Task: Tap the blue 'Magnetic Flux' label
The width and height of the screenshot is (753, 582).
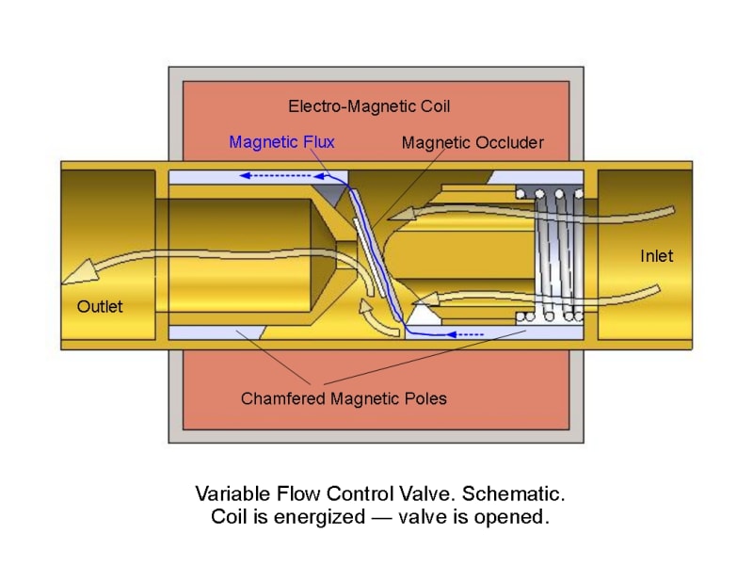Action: pos(281,142)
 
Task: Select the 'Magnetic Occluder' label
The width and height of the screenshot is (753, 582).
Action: pos(473,143)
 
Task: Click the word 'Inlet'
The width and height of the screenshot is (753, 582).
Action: pos(657,255)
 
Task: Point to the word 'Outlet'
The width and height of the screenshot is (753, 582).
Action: pos(100,306)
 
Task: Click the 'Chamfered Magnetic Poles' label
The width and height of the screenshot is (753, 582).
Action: pos(344,398)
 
